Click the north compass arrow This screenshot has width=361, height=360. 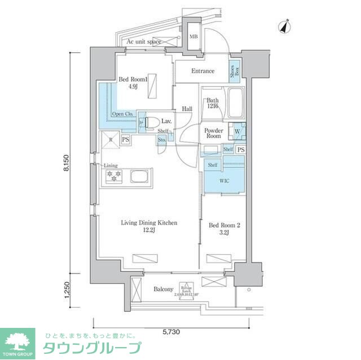pyautogui.click(x=286, y=26)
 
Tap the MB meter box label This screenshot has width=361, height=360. pyautogui.click(x=193, y=37)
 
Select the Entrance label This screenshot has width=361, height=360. pyautogui.click(x=202, y=71)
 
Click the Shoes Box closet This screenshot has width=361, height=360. pyautogui.click(x=235, y=71)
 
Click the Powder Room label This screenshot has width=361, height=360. pyautogui.click(x=213, y=133)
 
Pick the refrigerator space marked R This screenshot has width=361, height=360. pyautogui.click(x=111, y=139)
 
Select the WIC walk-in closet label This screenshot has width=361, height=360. pyautogui.click(x=224, y=181)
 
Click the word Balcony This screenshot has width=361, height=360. pyautogui.click(x=164, y=289)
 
